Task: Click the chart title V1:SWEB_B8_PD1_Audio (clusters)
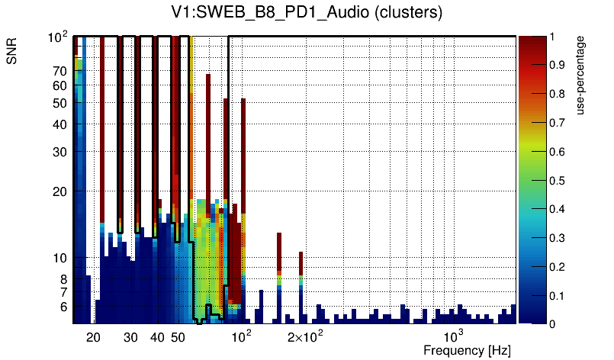click(307, 13)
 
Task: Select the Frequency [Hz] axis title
click(466, 350)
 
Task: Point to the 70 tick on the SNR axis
click(60, 71)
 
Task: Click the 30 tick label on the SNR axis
click(60, 151)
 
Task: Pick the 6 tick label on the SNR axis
click(64, 307)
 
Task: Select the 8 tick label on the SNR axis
click(64, 279)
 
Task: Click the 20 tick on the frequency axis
click(93, 336)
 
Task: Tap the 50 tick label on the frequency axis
click(177, 336)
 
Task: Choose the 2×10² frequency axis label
click(306, 336)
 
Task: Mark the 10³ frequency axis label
click(454, 336)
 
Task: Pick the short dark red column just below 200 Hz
click(301, 263)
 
